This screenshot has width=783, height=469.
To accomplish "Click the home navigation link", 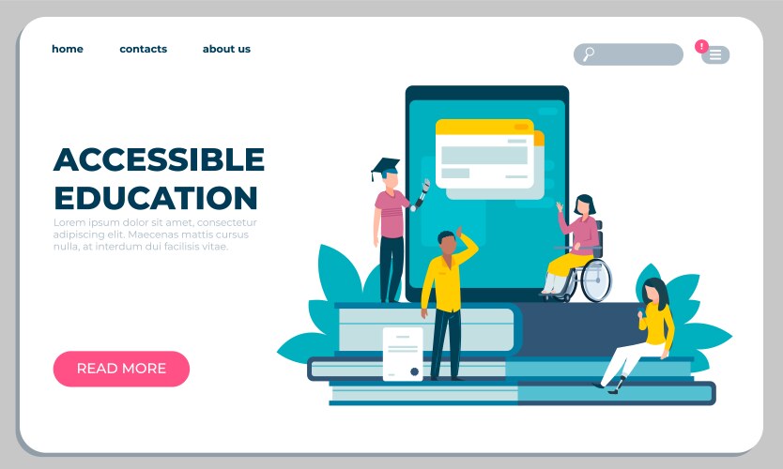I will pos(68,49).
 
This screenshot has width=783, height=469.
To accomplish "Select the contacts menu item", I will pos(143,49).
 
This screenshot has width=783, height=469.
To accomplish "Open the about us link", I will pos(226,49).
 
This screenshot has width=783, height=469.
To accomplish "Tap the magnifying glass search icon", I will pos(589,54).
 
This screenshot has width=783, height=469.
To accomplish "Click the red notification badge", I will pos(701,46).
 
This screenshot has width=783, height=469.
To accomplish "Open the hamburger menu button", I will pos(715,55).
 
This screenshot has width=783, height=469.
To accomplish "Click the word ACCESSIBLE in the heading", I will pos(159,159).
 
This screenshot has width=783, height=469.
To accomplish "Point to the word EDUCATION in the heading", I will pos(155,198).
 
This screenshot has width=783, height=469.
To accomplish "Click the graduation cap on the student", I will pos(385,168).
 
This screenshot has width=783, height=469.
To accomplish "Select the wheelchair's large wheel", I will pos(595,280).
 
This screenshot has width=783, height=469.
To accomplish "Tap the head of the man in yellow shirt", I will pos(447,243).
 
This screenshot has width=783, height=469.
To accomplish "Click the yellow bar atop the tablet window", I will pos(484,127).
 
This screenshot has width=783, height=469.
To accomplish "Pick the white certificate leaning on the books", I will pos(402,353).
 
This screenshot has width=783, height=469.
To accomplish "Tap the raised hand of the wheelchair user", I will pos(560,206).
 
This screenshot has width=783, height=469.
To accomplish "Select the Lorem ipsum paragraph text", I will pos(155,234).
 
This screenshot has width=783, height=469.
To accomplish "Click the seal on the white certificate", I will pos(414,371).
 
